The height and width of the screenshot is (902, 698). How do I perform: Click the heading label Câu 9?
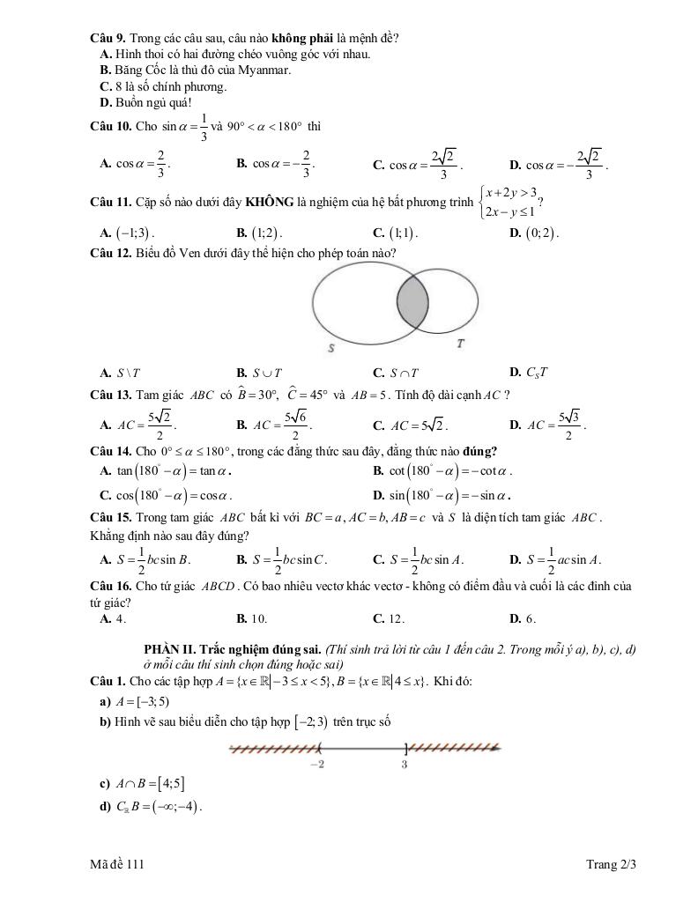coord(108,39)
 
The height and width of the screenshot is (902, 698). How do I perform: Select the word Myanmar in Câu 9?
coord(264,70)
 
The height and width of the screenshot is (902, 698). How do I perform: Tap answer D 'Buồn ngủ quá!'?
coord(146,102)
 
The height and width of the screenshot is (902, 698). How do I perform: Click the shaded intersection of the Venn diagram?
coord(412,300)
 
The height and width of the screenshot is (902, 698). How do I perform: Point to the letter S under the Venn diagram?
coord(331,349)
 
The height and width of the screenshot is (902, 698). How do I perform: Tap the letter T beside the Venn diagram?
coord(461,343)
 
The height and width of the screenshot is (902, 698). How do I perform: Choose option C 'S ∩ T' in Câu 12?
coord(397,373)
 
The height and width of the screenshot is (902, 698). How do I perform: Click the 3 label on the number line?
coord(405,765)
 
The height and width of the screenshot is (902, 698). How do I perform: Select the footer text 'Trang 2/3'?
coord(611,864)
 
